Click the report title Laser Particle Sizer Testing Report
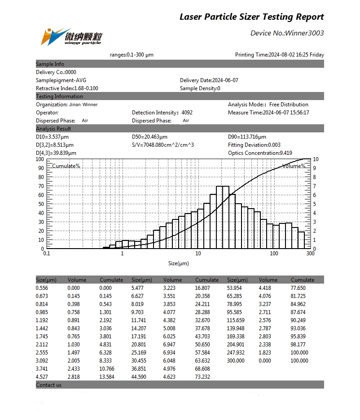tap(251, 17)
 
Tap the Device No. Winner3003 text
tap(287, 33)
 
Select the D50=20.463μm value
tap(149, 137)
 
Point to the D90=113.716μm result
tap(247, 137)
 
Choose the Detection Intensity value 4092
tap(187, 113)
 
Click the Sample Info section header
tap(50, 64)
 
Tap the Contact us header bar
tap(49, 385)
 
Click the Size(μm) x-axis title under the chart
tap(179, 263)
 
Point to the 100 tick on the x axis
tap(274, 254)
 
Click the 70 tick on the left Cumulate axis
tap(41, 186)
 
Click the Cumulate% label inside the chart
tap(66, 166)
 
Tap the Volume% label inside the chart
tap(294, 166)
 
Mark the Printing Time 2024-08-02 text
tap(279, 55)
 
